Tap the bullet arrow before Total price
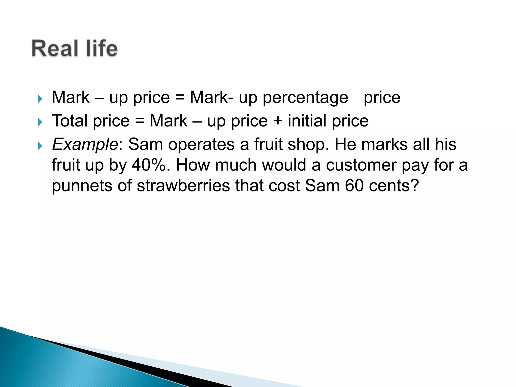[x=40, y=122]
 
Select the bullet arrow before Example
[x=40, y=146]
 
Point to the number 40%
[x=149, y=165]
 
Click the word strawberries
[x=183, y=186]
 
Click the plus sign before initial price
[x=277, y=121]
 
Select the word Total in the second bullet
[x=70, y=121]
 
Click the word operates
[x=201, y=145]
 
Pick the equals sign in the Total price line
[x=140, y=121]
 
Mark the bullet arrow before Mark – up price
[x=40, y=99]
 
